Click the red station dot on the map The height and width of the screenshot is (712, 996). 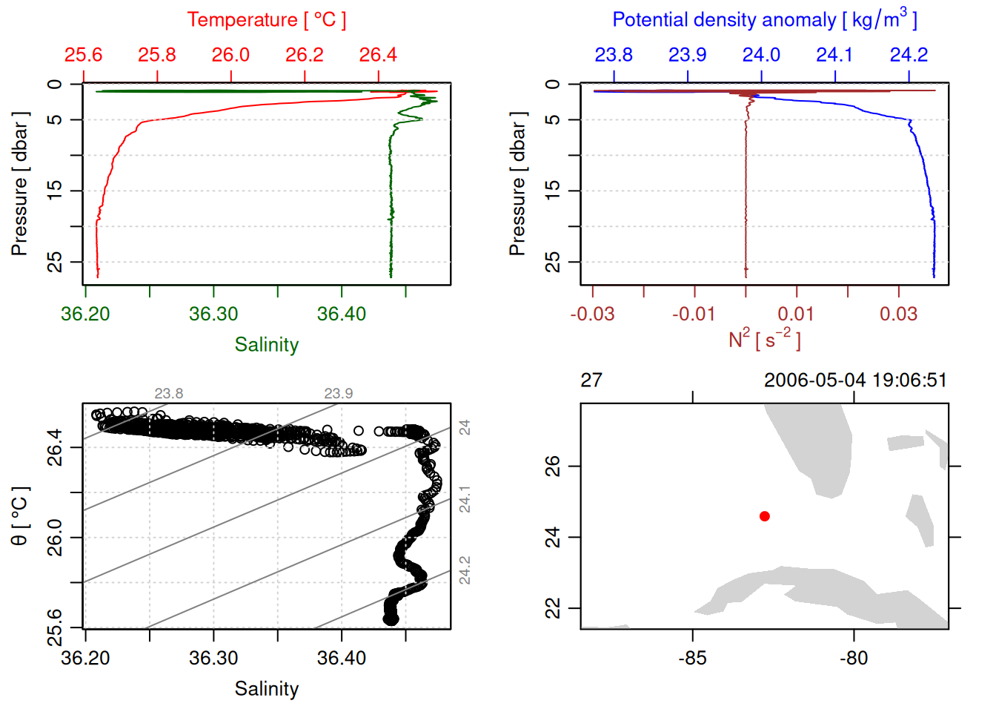pyautogui.click(x=765, y=516)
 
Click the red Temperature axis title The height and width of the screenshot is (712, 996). pyautogui.click(x=266, y=20)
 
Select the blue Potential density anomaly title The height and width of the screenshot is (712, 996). pyautogui.click(x=764, y=19)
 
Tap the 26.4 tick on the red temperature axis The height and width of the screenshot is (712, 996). pyautogui.click(x=378, y=55)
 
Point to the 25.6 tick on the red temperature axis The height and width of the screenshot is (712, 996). pyautogui.click(x=83, y=55)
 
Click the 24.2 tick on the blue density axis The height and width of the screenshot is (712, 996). pyautogui.click(x=909, y=55)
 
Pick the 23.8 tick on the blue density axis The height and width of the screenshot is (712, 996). pyautogui.click(x=614, y=55)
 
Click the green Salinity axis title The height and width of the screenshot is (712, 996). pyautogui.click(x=266, y=345)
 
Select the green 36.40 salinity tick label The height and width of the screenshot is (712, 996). pyautogui.click(x=342, y=314)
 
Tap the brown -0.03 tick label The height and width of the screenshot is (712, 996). pyautogui.click(x=592, y=314)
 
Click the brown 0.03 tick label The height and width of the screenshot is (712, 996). pyautogui.click(x=898, y=314)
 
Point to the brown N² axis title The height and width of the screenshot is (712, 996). pyautogui.click(x=764, y=340)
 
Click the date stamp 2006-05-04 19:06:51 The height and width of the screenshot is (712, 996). pyautogui.click(x=855, y=380)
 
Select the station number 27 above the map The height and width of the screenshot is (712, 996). pyautogui.click(x=591, y=380)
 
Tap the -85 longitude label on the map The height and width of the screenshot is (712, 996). pyautogui.click(x=692, y=658)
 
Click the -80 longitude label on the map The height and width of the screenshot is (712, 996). pyautogui.click(x=854, y=658)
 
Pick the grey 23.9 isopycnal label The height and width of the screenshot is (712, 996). pyautogui.click(x=338, y=394)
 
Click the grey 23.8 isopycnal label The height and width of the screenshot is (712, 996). pyautogui.click(x=169, y=394)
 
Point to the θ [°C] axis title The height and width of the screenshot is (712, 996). pyautogui.click(x=20, y=516)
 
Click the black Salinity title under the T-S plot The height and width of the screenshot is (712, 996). pyautogui.click(x=266, y=689)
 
